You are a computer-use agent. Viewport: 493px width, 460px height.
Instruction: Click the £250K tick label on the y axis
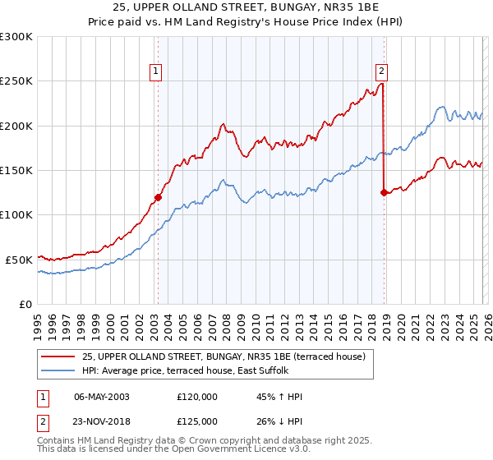pos(16,81)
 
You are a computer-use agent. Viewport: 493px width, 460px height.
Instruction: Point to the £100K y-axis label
pos(16,214)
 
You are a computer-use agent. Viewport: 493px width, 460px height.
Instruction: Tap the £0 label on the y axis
pos(25,304)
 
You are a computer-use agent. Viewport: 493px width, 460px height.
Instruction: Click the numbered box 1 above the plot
pos(156,71)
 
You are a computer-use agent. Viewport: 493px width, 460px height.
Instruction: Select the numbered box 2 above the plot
pos(383,71)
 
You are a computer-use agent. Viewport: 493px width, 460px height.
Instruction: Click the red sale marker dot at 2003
pos(158,197)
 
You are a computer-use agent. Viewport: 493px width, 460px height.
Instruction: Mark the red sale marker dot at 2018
pos(384,192)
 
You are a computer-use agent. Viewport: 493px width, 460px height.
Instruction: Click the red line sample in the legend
pos(59,356)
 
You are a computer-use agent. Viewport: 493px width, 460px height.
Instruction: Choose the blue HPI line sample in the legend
pos(59,370)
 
